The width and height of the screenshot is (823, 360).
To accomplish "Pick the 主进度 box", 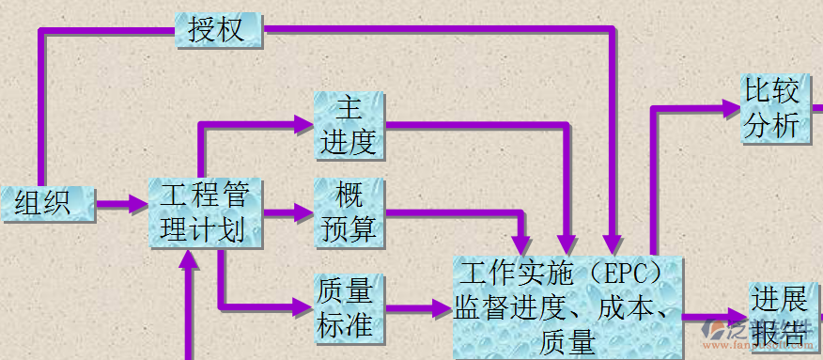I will (x=349, y=125).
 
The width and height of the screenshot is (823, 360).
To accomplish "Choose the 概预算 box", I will (x=349, y=212).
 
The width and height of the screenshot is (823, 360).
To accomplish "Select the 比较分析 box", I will (x=773, y=110).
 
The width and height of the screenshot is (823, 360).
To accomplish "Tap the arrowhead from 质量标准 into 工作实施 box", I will (x=442, y=306).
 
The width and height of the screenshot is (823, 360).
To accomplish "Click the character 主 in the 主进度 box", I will (x=349, y=109).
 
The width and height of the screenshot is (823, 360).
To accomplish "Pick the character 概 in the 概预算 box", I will (x=349, y=196).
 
